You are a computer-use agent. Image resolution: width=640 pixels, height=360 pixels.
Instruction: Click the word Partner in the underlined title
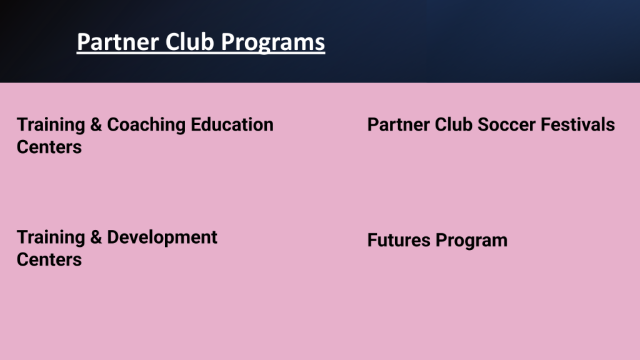pyautogui.click(x=116, y=42)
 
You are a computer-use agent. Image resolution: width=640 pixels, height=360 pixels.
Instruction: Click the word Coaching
pyautogui.click(x=146, y=125)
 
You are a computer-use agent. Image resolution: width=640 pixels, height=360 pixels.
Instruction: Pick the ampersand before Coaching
pyautogui.click(x=96, y=124)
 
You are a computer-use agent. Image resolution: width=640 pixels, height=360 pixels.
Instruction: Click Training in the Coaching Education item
pyautogui.click(x=51, y=125)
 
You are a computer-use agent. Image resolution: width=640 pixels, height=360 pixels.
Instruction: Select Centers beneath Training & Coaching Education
pyautogui.click(x=49, y=147)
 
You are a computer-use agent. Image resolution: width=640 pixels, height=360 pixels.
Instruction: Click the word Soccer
pyautogui.click(x=507, y=124)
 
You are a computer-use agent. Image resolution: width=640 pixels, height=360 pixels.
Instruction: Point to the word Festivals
pyautogui.click(x=578, y=124)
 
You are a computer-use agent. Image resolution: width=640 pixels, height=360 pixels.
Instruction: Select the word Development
pyautogui.click(x=162, y=238)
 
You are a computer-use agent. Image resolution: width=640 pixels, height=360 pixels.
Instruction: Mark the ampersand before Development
pyautogui.click(x=96, y=237)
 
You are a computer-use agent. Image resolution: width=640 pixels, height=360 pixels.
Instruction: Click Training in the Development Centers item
pyautogui.click(x=51, y=238)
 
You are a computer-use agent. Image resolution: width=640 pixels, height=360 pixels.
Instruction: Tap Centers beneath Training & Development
pyautogui.click(x=49, y=259)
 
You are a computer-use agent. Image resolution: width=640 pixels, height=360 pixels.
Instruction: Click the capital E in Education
pyautogui.click(x=196, y=124)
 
